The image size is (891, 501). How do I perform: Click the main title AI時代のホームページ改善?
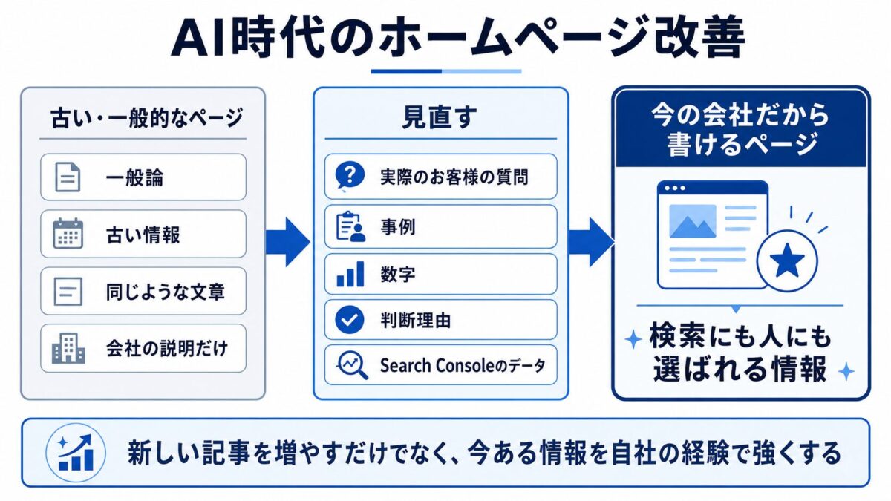pyautogui.click(x=458, y=38)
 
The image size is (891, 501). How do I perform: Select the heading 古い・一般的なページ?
pyautogui.click(x=147, y=118)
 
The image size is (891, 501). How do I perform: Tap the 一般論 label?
pyautogui.click(x=134, y=177)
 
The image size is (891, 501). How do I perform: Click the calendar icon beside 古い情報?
pyautogui.click(x=68, y=233)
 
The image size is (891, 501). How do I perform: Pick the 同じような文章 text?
pyautogui.click(x=165, y=292)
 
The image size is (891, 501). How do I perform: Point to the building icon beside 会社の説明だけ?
pyautogui.click(x=68, y=348)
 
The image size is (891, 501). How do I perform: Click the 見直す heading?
pyautogui.click(x=440, y=118)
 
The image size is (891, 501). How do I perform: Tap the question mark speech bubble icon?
pyautogui.click(x=350, y=175)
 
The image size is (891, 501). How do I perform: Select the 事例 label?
pyautogui.click(x=398, y=227)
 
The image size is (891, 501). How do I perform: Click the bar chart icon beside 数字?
pyautogui.click(x=350, y=274)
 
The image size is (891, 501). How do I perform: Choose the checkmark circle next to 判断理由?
pyautogui.click(x=350, y=320)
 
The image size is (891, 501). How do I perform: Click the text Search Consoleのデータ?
pyautogui.click(x=462, y=365)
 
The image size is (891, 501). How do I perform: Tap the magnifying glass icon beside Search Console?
pyautogui.click(x=353, y=365)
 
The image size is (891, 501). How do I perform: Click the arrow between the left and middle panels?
pyautogui.click(x=287, y=242)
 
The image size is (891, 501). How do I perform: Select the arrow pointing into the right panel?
pyautogui.click(x=591, y=242)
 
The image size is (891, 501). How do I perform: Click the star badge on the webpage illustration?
pyautogui.click(x=787, y=261)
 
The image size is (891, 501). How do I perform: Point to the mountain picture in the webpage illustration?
pyautogui.click(x=693, y=221)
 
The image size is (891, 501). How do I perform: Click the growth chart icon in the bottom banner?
pyautogui.click(x=76, y=453)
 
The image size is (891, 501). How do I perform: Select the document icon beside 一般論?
pyautogui.click(x=68, y=177)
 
